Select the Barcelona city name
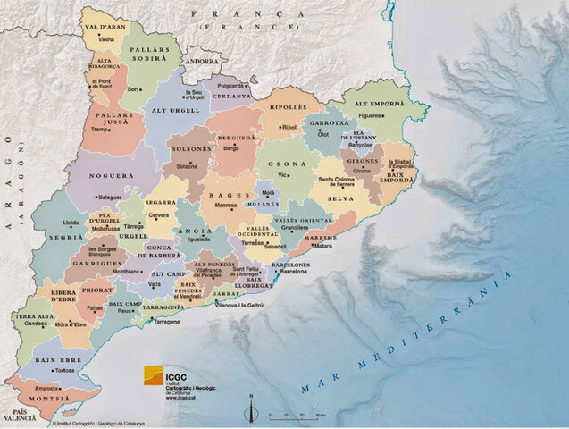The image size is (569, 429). click(x=294, y=271)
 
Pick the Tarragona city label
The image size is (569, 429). click(x=167, y=322)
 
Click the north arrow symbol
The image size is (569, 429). click(x=251, y=408)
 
